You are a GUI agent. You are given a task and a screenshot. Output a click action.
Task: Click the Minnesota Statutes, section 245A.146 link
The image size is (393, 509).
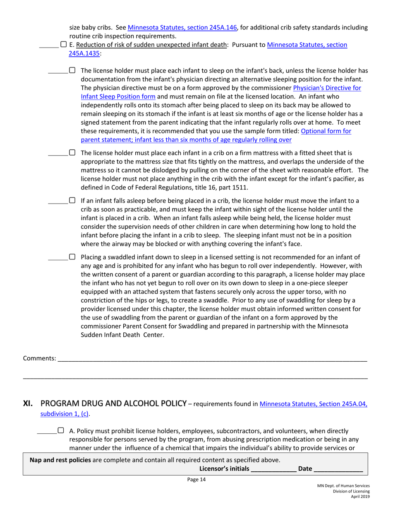point(182,28)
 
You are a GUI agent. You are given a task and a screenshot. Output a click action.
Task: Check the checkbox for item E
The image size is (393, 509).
point(63,44)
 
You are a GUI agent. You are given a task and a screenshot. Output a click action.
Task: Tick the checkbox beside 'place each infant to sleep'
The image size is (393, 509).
point(72,71)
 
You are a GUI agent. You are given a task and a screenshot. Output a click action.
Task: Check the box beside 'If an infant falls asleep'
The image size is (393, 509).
point(72,201)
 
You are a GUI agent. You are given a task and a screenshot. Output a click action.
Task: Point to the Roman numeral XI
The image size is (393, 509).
point(28,404)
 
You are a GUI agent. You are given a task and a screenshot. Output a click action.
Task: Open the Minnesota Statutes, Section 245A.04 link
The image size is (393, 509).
point(314,404)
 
